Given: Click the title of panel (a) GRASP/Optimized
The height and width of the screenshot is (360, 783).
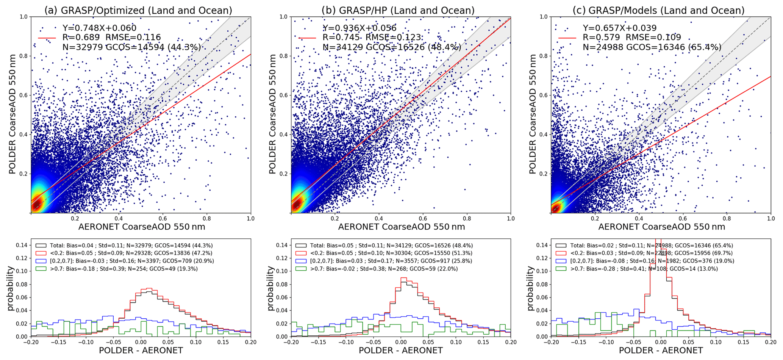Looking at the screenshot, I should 138,10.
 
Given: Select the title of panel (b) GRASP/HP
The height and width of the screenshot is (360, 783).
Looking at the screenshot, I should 398,10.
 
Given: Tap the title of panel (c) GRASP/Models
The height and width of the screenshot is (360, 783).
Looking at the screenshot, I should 658,10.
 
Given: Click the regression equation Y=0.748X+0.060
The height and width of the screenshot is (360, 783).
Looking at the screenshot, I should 99,28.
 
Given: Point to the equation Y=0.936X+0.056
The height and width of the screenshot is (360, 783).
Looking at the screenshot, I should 359,28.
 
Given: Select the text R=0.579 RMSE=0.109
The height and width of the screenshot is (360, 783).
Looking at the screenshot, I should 631,38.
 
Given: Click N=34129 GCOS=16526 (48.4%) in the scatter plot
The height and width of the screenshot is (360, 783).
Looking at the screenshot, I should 392,47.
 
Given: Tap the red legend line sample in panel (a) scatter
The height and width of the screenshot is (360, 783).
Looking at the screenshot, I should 47,38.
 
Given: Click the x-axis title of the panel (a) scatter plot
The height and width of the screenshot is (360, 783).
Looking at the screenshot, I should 142,227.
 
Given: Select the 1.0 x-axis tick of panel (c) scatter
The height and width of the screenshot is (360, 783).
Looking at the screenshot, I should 770,219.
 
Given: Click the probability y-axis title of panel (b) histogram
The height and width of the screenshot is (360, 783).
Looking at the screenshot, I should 271,288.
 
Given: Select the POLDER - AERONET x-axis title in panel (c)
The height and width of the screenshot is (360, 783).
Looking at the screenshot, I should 661,351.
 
